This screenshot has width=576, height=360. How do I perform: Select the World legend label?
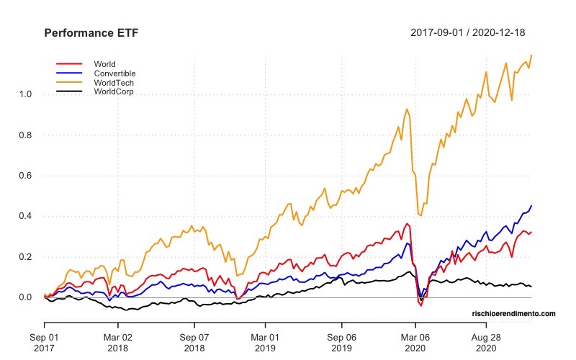coord(104,64)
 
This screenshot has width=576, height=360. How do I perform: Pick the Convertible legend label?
coord(114,73)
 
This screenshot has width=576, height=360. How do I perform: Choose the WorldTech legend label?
coord(114,83)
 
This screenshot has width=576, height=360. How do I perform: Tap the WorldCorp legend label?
coord(114,92)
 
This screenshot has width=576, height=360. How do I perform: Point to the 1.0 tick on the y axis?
coord(26,94)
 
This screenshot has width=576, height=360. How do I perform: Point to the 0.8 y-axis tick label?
coord(26,135)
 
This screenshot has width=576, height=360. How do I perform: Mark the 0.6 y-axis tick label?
coord(26,176)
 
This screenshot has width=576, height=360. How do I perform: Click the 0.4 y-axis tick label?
coord(26,216)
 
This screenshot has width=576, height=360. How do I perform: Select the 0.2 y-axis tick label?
coord(26,257)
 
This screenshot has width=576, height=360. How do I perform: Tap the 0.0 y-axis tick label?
coord(26,297)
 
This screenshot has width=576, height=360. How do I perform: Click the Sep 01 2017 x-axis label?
coord(45,341)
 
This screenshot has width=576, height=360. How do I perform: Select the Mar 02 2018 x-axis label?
coord(119,341)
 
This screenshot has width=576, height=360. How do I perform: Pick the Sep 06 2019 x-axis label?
coord(341,341)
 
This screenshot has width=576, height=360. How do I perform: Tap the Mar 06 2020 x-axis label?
coord(415,341)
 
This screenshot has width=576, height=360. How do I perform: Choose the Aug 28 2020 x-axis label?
coord(486,341)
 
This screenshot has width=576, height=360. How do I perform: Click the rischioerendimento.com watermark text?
coord(514,314)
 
